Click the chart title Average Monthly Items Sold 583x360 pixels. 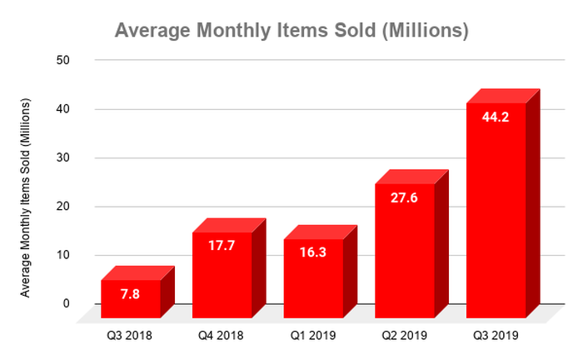pyautogui.click(x=291, y=31)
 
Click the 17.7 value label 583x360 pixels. pyautogui.click(x=222, y=247)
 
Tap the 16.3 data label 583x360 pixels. pyautogui.click(x=313, y=254)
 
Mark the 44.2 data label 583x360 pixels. pyautogui.click(x=496, y=117)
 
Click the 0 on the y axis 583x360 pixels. pyautogui.click(x=66, y=303)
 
